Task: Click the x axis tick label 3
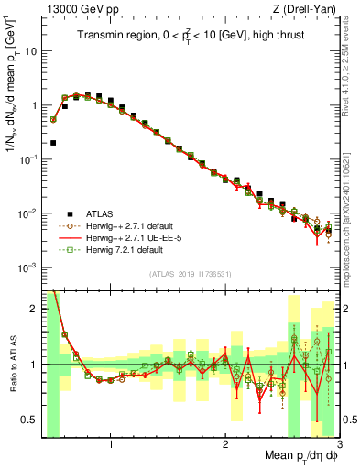[x=338, y=446]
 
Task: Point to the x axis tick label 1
[x=111, y=446]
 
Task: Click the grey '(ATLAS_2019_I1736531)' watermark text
[x=191, y=275]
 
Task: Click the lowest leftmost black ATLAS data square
[x=54, y=143]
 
